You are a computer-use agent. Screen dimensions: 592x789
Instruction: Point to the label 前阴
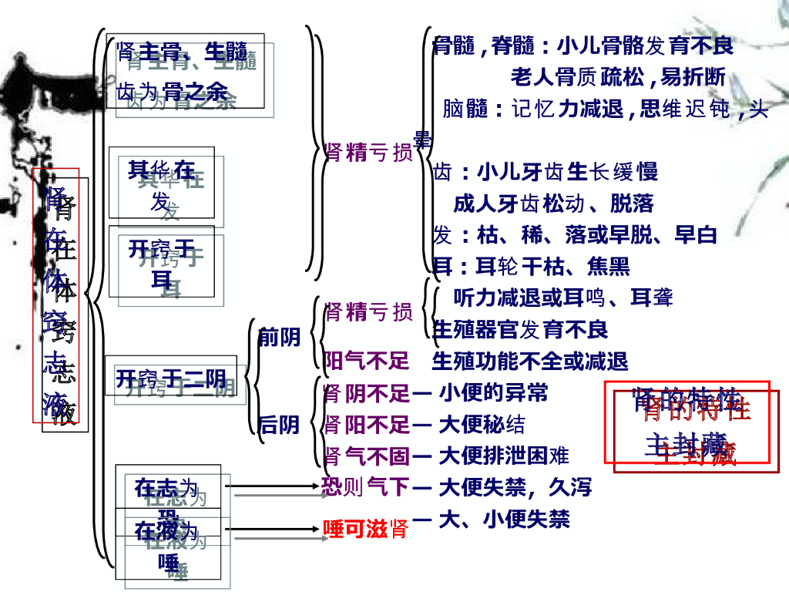click(279, 338)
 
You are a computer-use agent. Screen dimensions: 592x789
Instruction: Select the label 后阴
click(279, 425)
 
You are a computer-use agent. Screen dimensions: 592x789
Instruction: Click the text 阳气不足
click(366, 361)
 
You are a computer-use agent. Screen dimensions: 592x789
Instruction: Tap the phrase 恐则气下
click(364, 487)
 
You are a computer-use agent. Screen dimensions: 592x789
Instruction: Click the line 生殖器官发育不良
click(521, 330)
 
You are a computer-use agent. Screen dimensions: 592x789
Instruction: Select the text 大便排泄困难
click(504, 456)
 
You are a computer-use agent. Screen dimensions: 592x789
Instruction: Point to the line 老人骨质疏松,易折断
click(618, 77)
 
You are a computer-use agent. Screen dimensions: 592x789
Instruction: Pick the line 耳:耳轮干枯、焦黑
click(532, 267)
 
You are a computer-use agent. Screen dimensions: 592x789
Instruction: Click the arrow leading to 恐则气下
click(274, 487)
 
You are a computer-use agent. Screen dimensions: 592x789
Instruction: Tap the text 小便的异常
click(493, 393)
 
